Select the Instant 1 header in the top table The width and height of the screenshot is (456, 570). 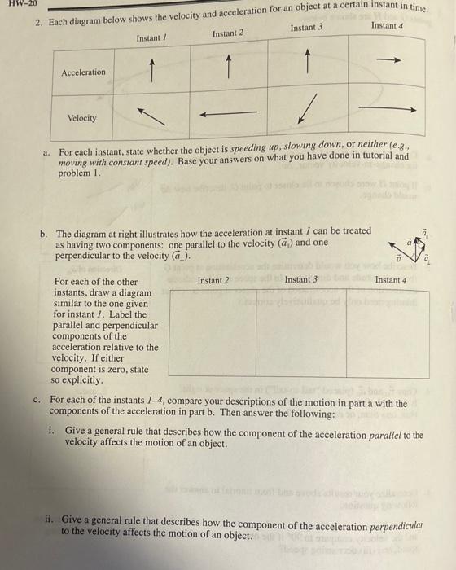[x=150, y=38]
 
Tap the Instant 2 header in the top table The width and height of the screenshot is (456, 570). [x=228, y=33]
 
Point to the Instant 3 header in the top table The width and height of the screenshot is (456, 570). [x=306, y=28]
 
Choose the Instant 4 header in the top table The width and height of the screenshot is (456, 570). [x=388, y=25]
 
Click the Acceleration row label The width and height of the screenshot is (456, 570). [x=84, y=72]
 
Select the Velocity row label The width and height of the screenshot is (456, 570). [x=81, y=118]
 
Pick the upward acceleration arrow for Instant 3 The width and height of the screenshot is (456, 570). [x=307, y=61]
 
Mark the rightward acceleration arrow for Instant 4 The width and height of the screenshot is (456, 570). [x=389, y=59]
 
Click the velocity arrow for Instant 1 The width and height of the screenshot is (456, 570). [x=148, y=116]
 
